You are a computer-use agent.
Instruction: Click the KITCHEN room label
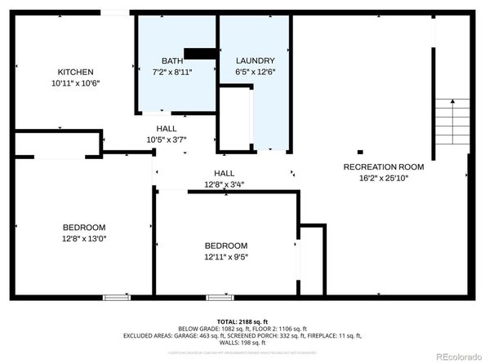pyautogui.click(x=75, y=72)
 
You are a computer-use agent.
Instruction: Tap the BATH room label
pyautogui.click(x=171, y=61)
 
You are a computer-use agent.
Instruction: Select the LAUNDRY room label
pyautogui.click(x=255, y=61)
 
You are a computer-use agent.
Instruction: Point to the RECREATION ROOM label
pyautogui.click(x=383, y=167)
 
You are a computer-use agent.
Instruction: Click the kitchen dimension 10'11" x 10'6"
pyautogui.click(x=75, y=83)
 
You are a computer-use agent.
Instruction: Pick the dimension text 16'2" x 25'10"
pyautogui.click(x=383, y=178)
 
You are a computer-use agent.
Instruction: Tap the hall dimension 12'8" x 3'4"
pyautogui.click(x=224, y=184)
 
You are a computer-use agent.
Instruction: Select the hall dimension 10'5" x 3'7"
pyautogui.click(x=167, y=139)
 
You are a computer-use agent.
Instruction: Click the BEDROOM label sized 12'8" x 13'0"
pyautogui.click(x=84, y=227)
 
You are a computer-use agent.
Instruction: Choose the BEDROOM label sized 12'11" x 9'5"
pyautogui.click(x=225, y=246)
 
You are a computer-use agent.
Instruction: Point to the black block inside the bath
pyautogui.click(x=200, y=54)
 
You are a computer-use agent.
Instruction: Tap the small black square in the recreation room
pyautogui.click(x=359, y=151)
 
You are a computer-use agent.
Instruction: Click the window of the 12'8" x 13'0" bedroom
pyautogui.click(x=115, y=298)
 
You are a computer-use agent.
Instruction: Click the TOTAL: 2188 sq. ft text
pyautogui.click(x=242, y=321)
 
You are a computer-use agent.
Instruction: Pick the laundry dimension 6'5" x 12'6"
pyautogui.click(x=255, y=73)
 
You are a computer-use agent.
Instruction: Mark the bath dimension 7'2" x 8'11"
pyautogui.click(x=172, y=73)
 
